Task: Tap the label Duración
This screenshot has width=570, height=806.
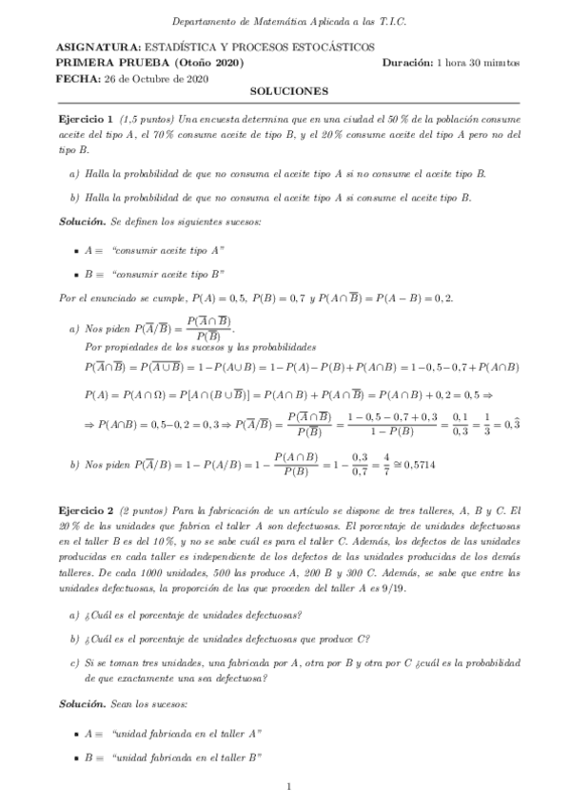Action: pos(406,63)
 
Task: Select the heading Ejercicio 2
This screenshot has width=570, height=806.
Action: pos(86,510)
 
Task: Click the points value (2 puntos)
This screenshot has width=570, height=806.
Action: pos(145,510)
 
